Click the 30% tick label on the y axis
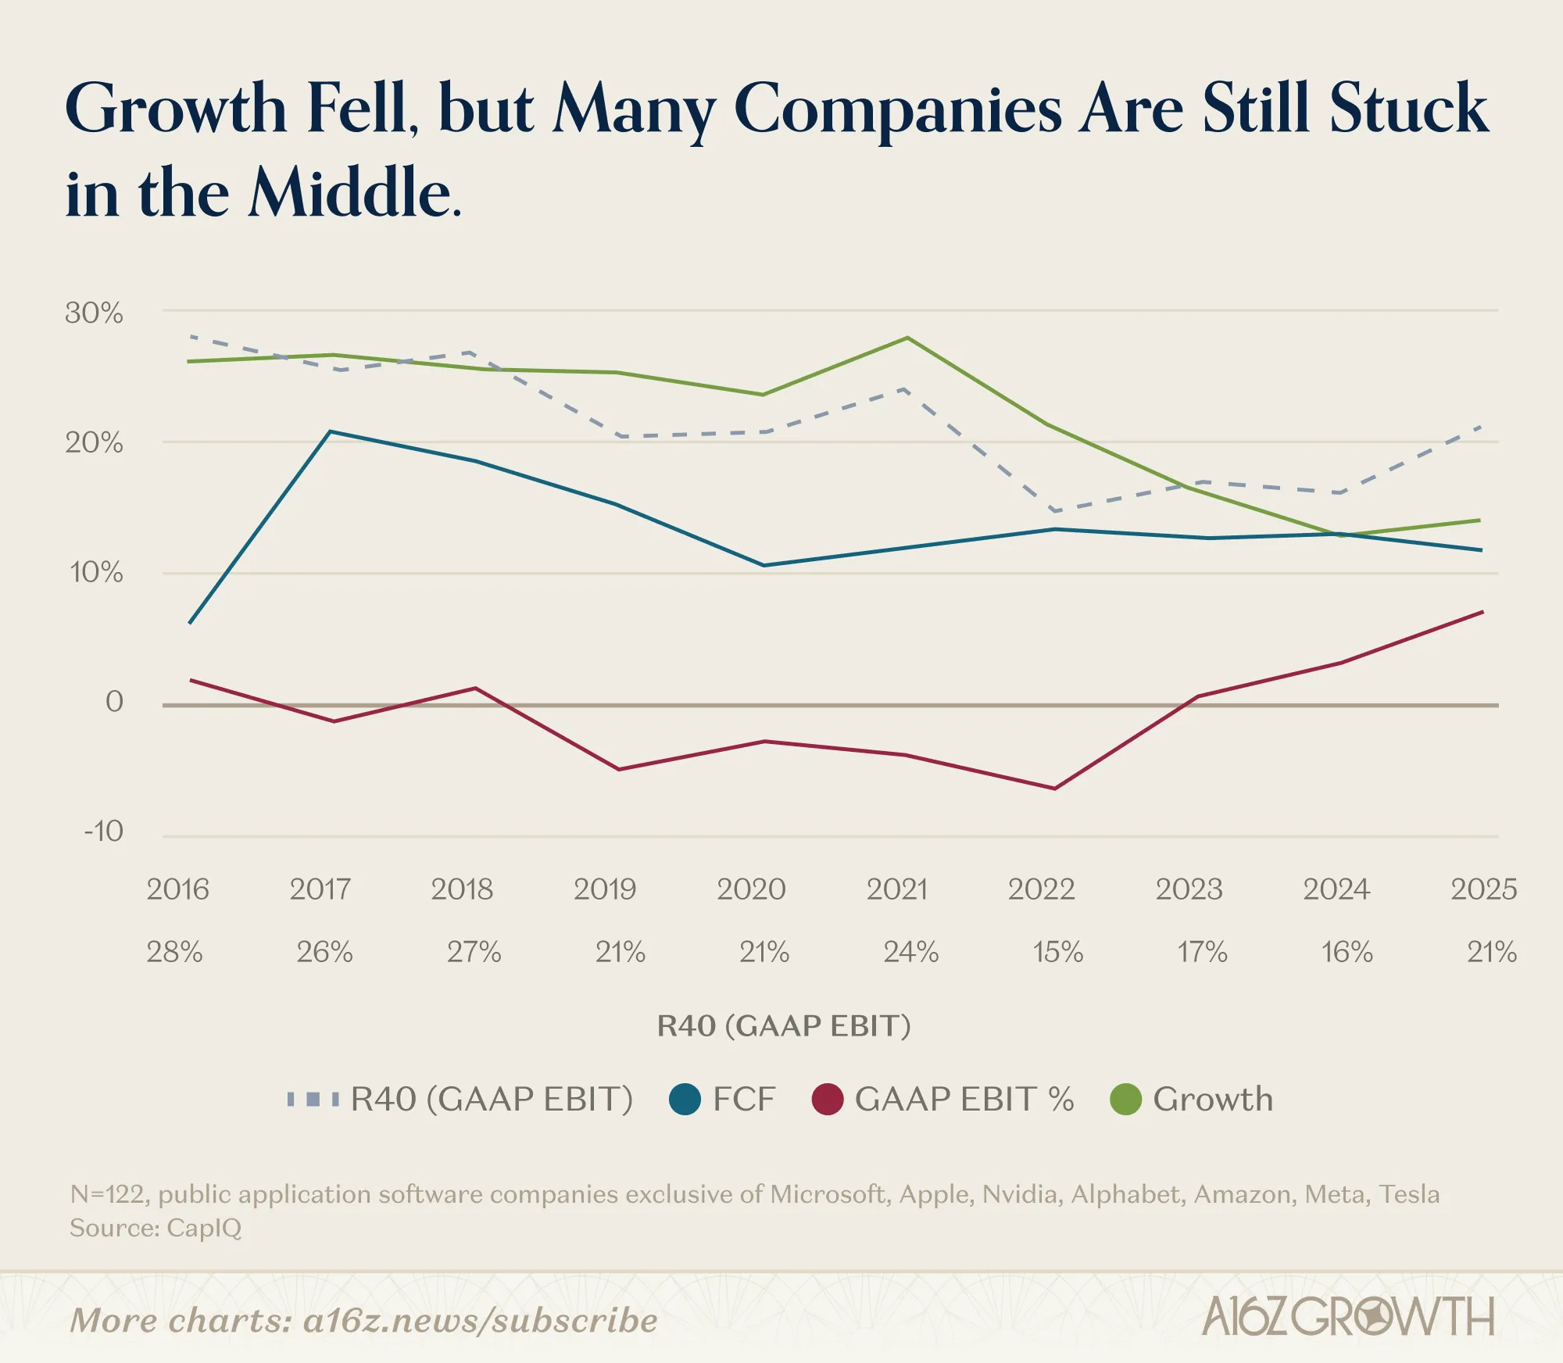coord(94,313)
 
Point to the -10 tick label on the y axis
coord(103,831)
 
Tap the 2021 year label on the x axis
coord(896,889)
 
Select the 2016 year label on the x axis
coord(177,889)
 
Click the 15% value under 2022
coord(1057,952)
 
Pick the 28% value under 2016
coord(174,952)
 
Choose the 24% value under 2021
coord(910,952)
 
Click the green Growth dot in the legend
coord(1125,1100)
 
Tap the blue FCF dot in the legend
coord(685,1100)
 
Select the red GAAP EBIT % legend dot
coord(828,1100)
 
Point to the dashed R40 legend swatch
coord(313,1100)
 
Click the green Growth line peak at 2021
coord(907,338)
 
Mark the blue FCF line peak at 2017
coord(331,431)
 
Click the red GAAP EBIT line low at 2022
coord(1054,789)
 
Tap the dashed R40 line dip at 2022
coord(1055,511)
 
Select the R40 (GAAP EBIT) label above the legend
coord(784,1025)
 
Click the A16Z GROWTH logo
coord(1348,1317)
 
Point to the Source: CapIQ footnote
coord(156,1228)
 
